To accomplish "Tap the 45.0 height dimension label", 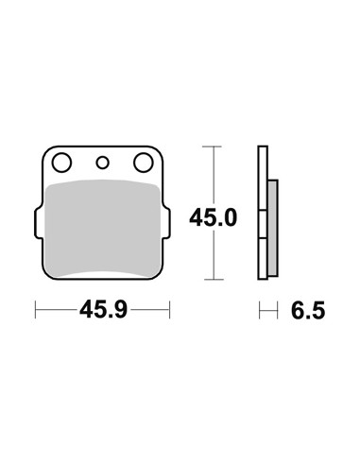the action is (213, 217).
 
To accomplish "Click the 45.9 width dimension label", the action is (103, 310).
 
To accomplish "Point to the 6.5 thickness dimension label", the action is (308, 310).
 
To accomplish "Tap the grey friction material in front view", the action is (103, 228).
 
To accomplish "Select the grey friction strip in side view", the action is (273, 228).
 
